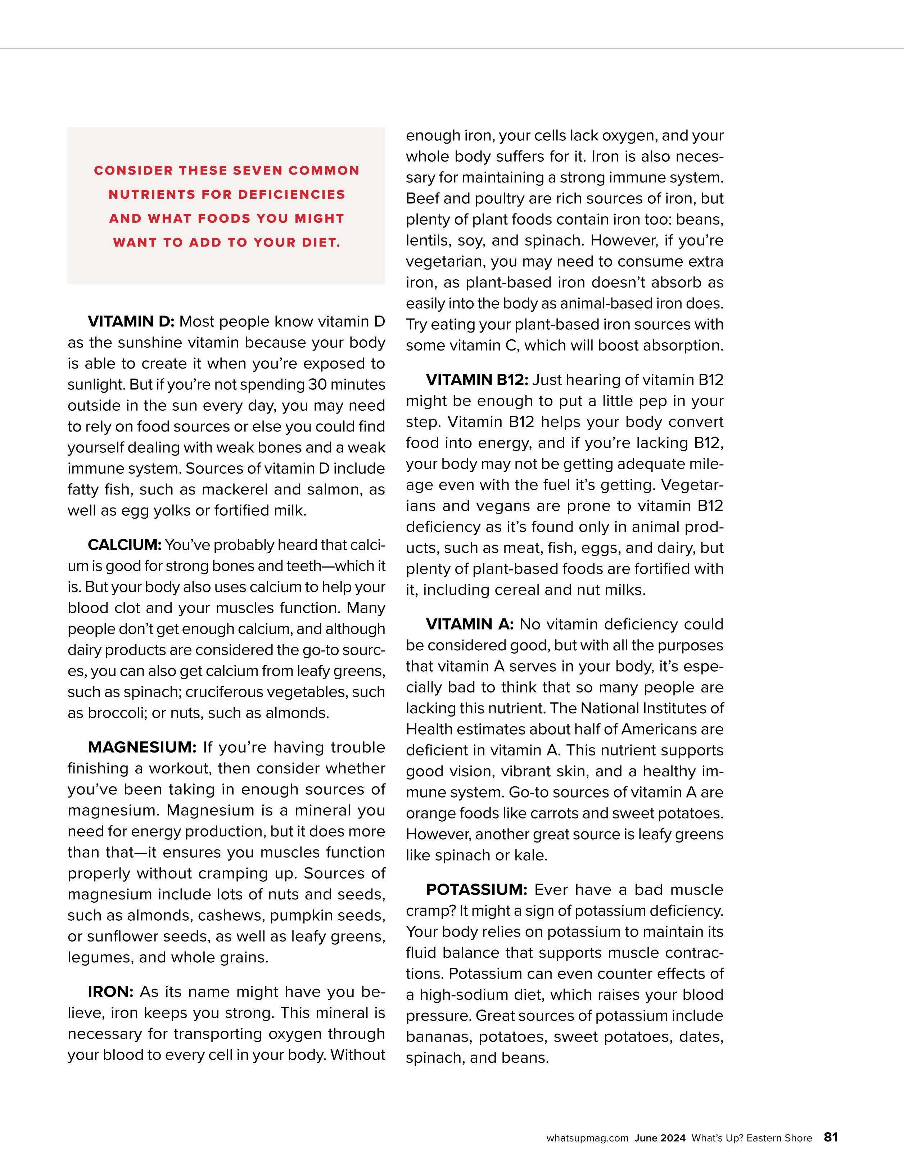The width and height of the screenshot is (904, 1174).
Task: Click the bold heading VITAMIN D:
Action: pyautogui.click(x=131, y=321)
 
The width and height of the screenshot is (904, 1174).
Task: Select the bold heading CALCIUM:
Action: pyautogui.click(x=124, y=545)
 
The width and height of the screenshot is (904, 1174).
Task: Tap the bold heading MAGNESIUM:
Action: pyautogui.click(x=143, y=747)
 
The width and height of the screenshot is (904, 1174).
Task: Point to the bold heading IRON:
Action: pyautogui.click(x=111, y=992)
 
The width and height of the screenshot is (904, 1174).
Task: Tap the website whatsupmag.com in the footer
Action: pyautogui.click(x=587, y=1138)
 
